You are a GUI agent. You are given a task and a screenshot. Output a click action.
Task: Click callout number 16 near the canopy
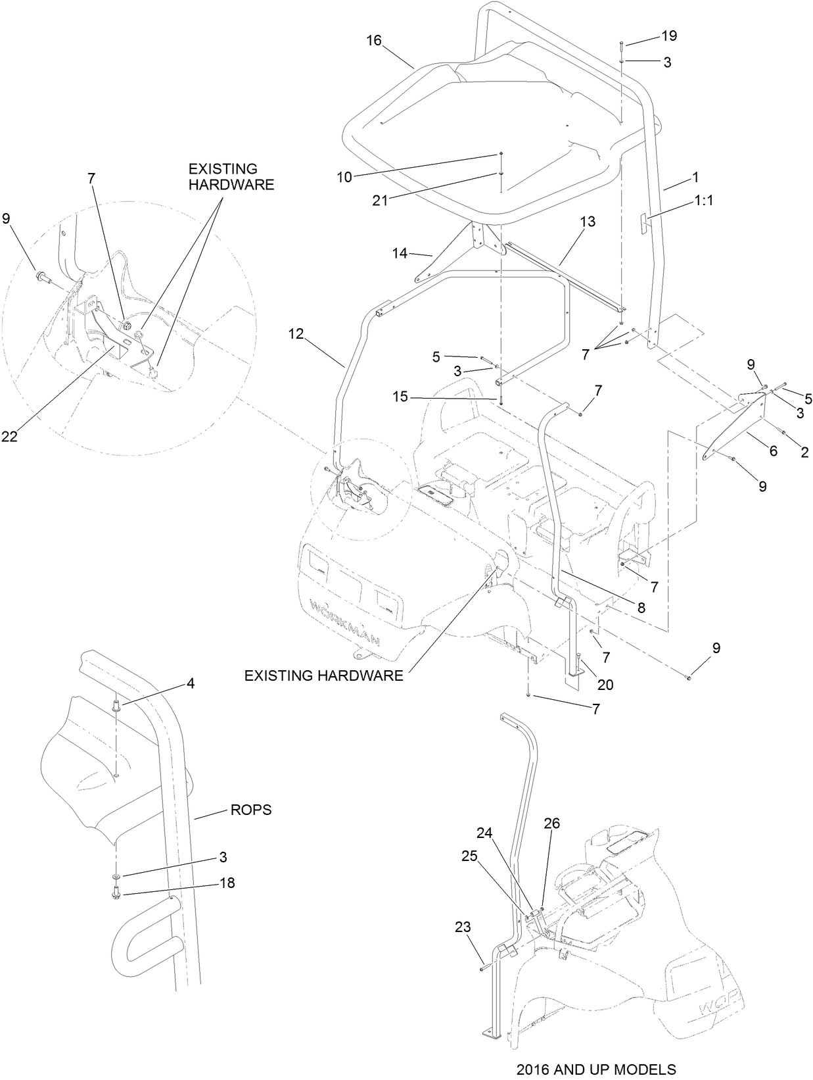click(x=373, y=41)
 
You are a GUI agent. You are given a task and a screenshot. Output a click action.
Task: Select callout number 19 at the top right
click(x=668, y=36)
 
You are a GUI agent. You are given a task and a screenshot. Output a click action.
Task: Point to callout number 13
click(x=588, y=222)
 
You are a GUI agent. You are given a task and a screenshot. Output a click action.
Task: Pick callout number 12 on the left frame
click(x=296, y=334)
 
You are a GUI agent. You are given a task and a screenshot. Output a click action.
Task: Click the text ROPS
click(x=250, y=810)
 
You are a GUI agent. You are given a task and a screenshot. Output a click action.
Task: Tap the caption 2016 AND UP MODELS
click(x=595, y=1069)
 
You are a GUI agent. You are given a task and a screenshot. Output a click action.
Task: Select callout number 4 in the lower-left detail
click(x=191, y=683)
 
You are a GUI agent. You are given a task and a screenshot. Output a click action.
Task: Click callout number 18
click(x=227, y=883)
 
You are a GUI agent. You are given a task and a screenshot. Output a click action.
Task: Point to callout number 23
click(x=463, y=927)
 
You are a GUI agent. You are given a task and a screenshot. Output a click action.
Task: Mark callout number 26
click(x=551, y=823)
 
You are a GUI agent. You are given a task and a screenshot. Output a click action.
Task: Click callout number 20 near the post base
click(x=605, y=685)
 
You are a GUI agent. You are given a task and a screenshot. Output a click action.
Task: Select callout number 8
click(x=640, y=608)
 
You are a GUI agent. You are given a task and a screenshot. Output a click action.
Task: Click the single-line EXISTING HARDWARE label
click(x=323, y=675)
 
